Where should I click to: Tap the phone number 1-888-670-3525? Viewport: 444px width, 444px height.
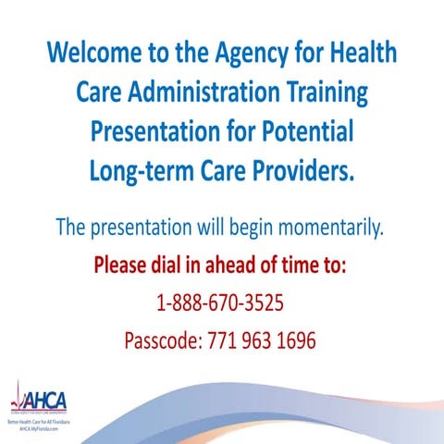(221, 303)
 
